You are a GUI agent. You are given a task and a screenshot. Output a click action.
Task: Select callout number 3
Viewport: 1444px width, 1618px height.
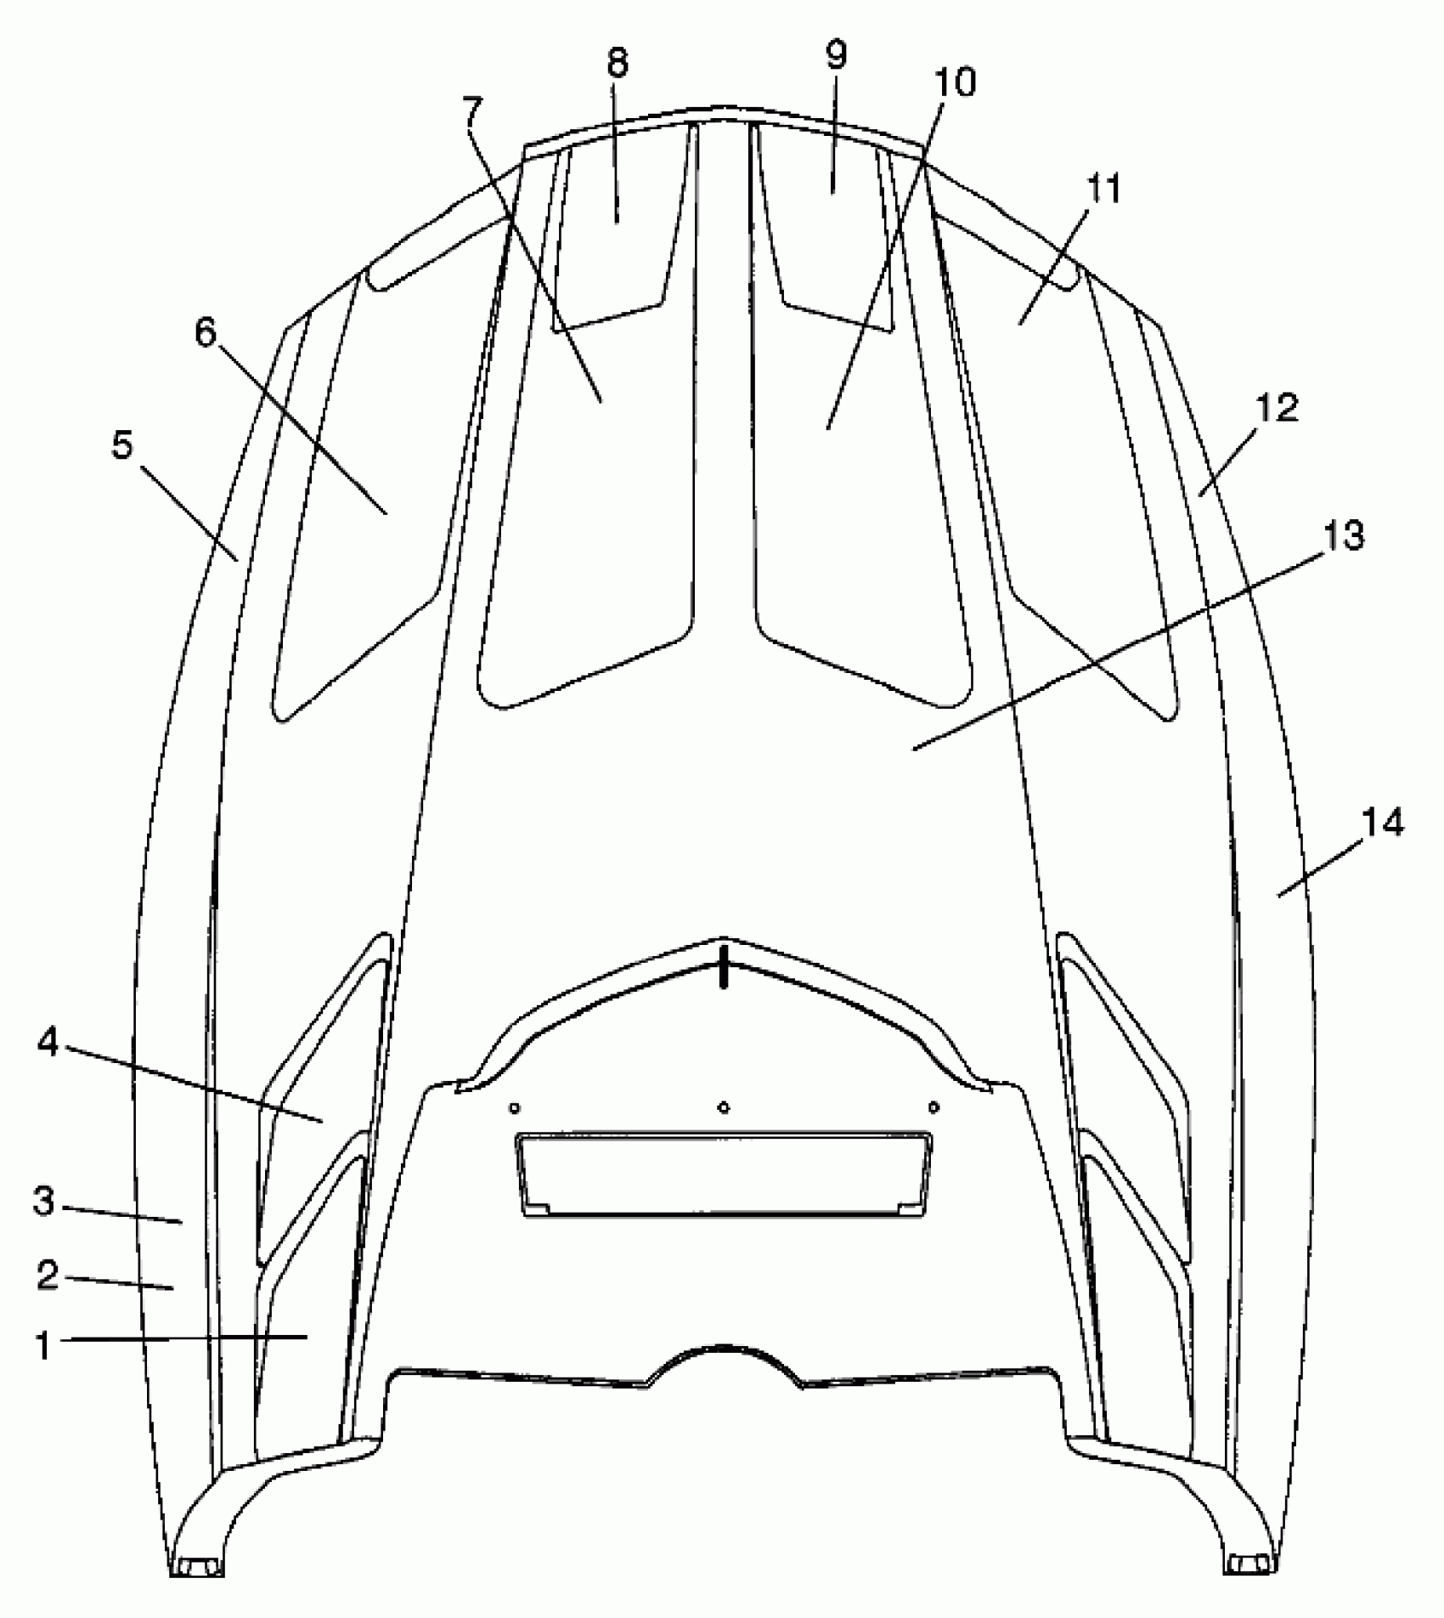44,1202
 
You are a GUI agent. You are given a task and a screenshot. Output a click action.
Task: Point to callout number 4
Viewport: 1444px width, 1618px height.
48,1043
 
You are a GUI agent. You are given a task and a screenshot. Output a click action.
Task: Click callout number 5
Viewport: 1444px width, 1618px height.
123,445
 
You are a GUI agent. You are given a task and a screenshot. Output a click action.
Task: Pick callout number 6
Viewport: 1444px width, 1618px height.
206,332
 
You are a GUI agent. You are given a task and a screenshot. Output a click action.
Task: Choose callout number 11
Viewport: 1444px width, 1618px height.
1104,189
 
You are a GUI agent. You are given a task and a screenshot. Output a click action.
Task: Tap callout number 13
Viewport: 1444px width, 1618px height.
1343,535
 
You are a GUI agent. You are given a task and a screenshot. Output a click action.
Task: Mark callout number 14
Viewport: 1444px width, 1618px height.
1383,823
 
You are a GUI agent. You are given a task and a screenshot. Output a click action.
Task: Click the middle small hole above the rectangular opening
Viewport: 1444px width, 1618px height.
724,1107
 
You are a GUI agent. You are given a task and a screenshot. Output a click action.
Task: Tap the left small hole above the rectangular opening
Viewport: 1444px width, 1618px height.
513,1107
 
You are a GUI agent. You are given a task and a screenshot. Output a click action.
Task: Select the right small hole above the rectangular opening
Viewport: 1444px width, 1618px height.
934,1106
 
